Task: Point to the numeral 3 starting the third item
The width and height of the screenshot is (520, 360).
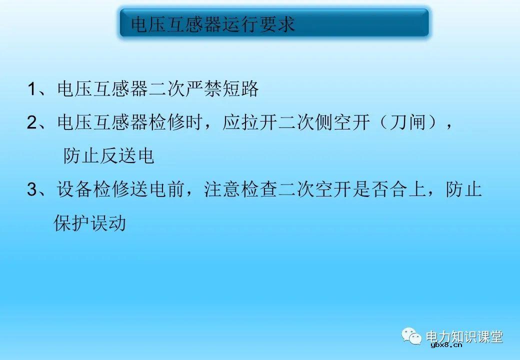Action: point(32,190)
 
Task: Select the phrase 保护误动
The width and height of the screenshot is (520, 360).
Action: point(90,223)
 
